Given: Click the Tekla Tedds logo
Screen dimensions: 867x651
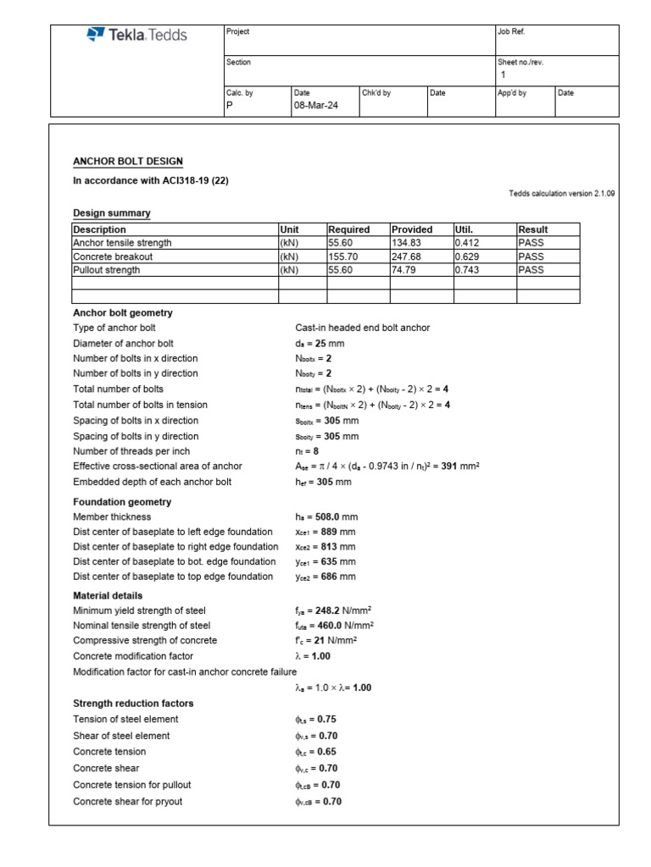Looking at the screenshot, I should [136, 35].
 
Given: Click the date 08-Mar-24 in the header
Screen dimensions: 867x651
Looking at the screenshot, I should [314, 106].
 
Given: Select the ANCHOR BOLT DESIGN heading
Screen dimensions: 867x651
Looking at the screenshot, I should [128, 162].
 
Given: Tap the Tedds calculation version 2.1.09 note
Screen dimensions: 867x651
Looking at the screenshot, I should [562, 194].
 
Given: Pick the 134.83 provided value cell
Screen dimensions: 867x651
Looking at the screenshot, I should [407, 243].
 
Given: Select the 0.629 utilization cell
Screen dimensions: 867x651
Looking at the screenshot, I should [468, 257].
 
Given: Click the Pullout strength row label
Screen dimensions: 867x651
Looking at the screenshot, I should [106, 270].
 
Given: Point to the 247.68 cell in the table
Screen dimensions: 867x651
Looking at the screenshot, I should [407, 257].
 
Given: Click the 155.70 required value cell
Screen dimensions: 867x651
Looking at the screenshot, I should [343, 257].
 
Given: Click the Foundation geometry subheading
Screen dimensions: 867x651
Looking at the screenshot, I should [122, 502].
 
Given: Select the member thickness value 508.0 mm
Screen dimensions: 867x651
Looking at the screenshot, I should [326, 517].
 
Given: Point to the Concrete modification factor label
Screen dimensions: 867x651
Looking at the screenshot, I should [133, 656].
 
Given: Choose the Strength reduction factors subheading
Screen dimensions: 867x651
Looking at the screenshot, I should [133, 704].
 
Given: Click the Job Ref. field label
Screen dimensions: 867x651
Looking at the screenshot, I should [512, 31].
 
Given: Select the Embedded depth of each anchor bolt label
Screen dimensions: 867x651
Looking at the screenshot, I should [152, 482].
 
